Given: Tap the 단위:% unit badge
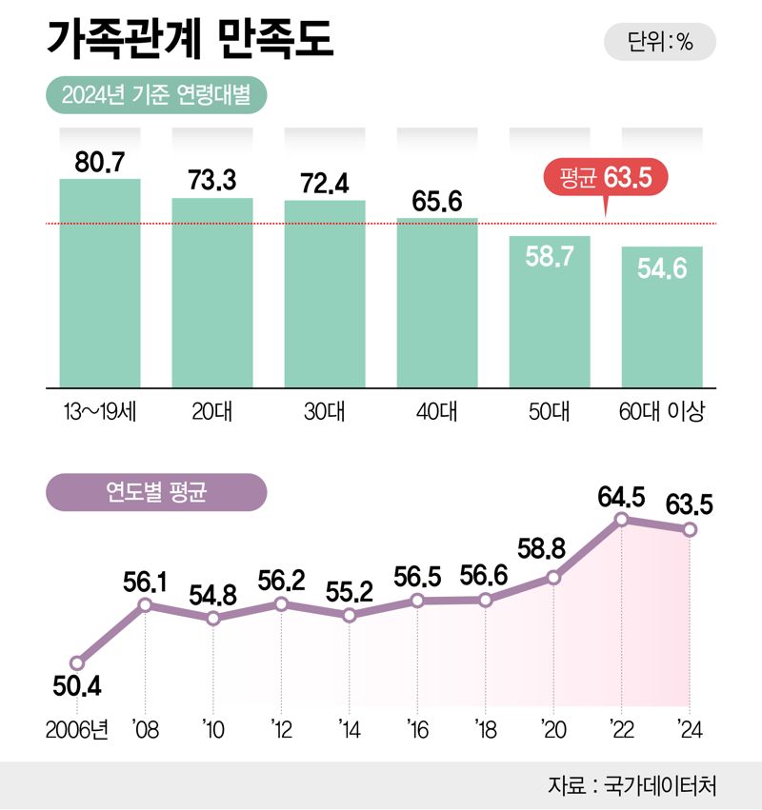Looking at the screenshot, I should (x=660, y=42).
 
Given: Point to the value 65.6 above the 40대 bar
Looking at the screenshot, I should (x=437, y=201).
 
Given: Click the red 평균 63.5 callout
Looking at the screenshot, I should (x=605, y=178).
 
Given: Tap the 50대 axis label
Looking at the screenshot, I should (x=550, y=413).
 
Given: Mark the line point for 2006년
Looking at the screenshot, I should (x=77, y=663).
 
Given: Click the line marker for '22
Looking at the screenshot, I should (x=622, y=519).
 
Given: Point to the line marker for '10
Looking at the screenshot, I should (x=213, y=618).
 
